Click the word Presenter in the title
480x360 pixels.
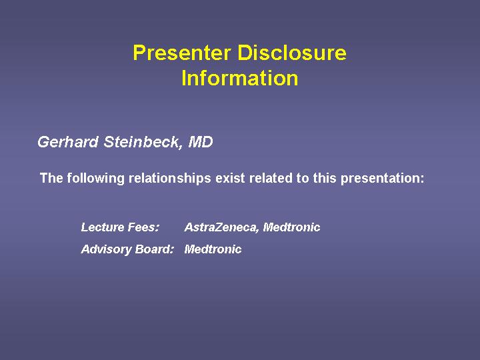(182, 53)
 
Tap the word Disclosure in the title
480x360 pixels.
(292, 53)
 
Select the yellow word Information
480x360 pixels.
(240, 78)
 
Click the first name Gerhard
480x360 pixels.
(68, 142)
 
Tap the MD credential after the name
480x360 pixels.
(201, 142)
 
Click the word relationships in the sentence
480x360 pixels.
(169, 178)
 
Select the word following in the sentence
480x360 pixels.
(95, 178)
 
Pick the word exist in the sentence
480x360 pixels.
(230, 178)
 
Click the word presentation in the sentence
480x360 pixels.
(383, 178)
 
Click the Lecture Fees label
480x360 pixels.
(120, 227)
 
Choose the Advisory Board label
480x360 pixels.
(127, 249)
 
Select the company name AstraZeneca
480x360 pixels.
(222, 227)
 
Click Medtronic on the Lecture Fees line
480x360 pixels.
(292, 227)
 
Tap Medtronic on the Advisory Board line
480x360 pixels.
(213, 249)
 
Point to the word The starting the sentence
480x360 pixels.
(52, 178)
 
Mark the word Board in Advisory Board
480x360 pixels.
(154, 249)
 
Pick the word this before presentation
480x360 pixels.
(325, 178)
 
